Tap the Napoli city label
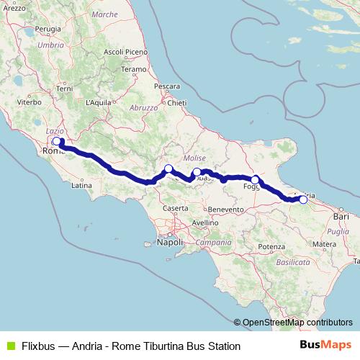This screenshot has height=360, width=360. tap(170, 243)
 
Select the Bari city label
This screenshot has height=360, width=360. tap(339, 215)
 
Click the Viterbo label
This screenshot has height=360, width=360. tap(30, 102)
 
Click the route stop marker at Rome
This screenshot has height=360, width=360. tap(57, 141)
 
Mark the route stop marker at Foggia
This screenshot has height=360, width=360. tap(255, 179)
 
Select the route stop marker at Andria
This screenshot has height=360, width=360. tap(303, 200)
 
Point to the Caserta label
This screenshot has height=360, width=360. tap(175, 208)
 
